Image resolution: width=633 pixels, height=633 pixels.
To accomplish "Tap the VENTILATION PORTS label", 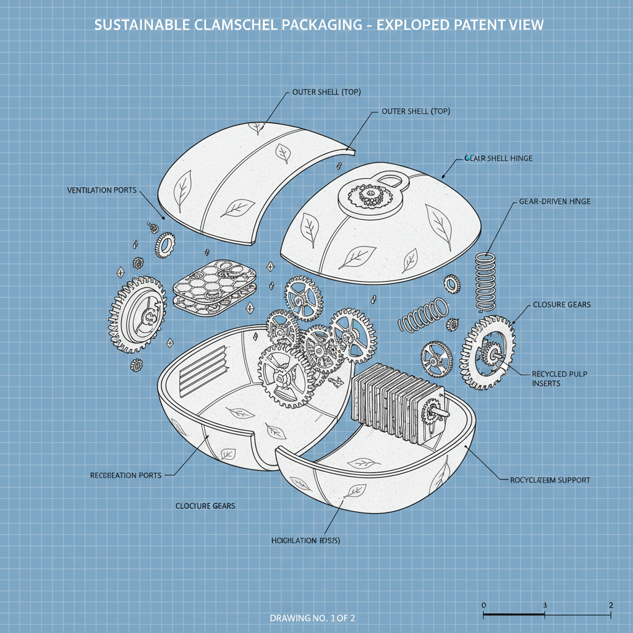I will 102,190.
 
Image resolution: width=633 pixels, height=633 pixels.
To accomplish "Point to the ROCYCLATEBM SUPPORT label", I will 550,480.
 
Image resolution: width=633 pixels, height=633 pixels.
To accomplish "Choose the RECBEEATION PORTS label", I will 125,475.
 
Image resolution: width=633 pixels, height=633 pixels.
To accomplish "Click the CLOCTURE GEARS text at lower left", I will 205,506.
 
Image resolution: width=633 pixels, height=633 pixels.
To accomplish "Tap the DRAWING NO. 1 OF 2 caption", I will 312,618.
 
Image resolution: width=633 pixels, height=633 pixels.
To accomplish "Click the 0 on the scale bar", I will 483,605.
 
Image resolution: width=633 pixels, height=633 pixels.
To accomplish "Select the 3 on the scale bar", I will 545,605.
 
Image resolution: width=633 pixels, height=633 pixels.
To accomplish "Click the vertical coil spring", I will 486,281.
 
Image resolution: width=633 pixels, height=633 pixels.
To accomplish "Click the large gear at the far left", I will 137,315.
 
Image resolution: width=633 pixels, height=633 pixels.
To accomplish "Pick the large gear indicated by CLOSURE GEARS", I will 488,352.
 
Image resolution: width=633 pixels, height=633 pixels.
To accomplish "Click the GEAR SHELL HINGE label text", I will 498,158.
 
